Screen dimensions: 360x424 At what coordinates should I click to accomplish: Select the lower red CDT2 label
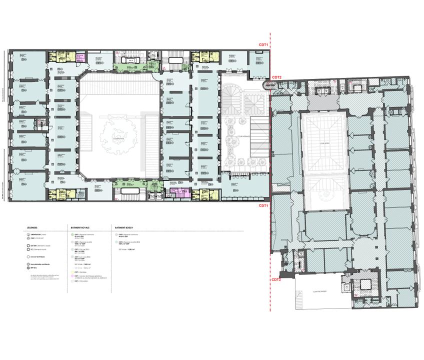click(276, 279)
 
